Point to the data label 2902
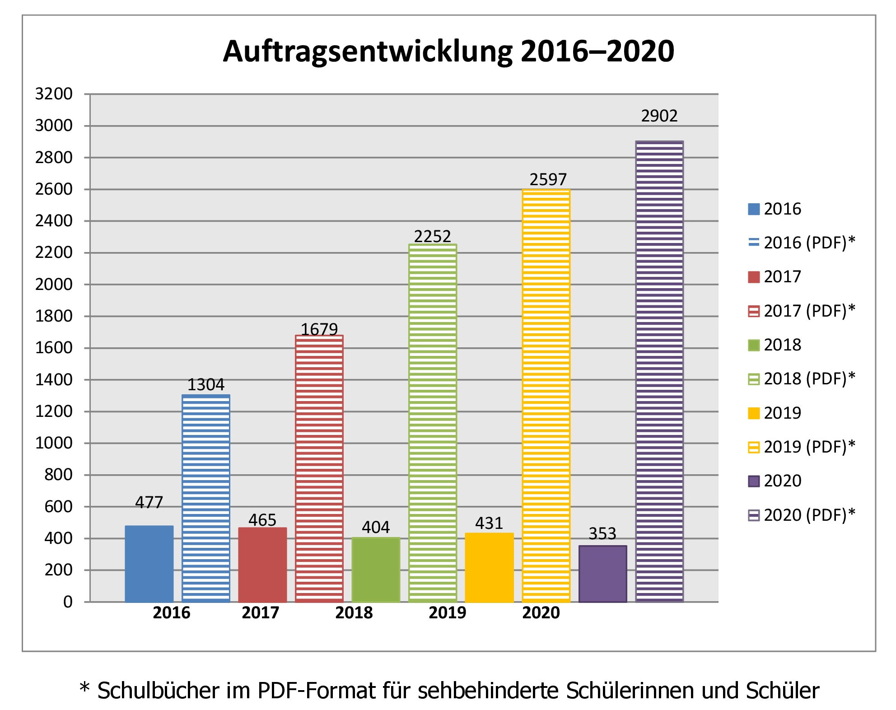coord(659,116)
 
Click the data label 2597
coord(548,180)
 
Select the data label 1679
coord(319,329)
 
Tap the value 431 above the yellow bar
coord(489,523)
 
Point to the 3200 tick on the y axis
coord(54,94)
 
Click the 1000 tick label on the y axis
coord(54,443)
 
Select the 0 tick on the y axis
coord(68,602)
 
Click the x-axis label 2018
coord(354,613)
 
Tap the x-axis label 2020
coord(541,613)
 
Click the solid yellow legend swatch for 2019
coord(754,413)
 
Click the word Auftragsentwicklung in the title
coord(368,51)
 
